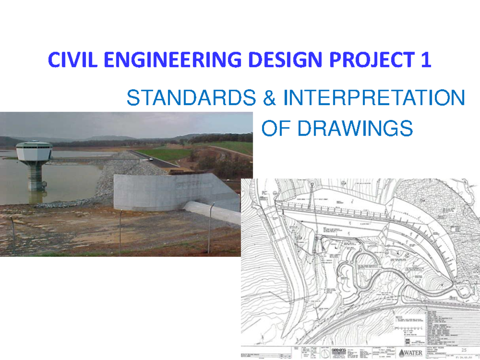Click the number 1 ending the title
[426, 61]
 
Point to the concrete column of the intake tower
[35, 176]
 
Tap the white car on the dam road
[150, 159]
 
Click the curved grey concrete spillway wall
[168, 192]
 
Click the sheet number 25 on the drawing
[464, 350]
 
